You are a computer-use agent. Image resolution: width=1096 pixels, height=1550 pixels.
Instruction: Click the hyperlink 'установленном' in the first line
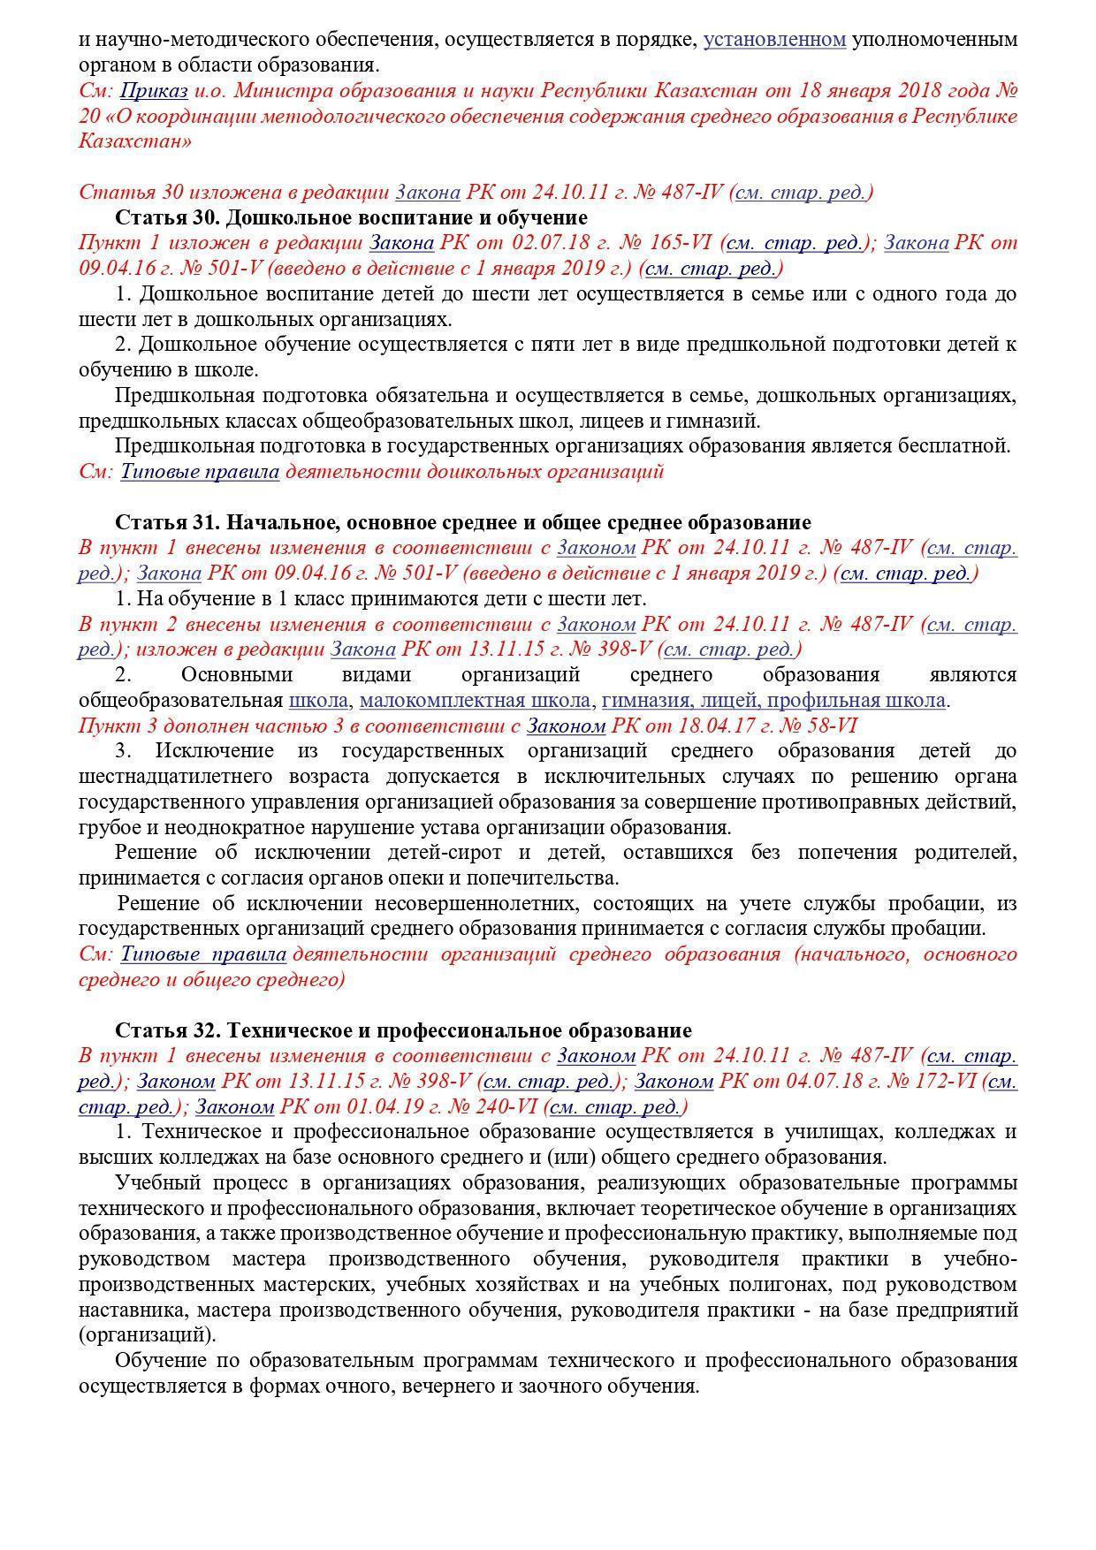[x=774, y=40]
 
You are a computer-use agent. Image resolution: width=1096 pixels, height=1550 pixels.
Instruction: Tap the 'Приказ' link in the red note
[x=154, y=91]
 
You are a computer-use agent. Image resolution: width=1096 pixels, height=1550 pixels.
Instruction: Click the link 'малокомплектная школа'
[x=476, y=701]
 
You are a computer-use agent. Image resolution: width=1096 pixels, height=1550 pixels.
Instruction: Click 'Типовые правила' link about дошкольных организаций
[x=200, y=472]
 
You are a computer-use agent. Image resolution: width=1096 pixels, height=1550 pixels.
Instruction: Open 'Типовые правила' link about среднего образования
[x=203, y=954]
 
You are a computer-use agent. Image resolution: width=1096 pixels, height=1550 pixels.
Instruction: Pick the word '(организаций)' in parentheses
[x=146, y=1335]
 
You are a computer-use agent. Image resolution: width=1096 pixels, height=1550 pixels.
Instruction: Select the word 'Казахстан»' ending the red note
[x=135, y=141]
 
